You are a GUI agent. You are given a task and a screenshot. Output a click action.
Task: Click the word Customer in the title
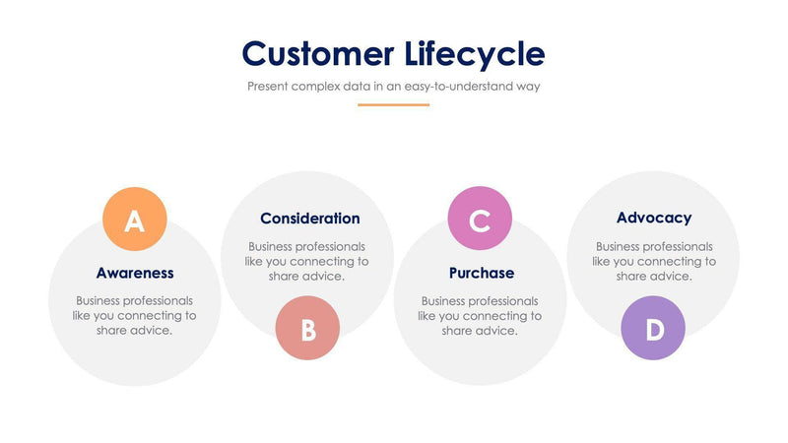coord(318,53)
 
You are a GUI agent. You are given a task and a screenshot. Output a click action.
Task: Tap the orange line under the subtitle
coord(393,104)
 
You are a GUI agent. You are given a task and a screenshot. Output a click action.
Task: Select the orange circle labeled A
coord(135,220)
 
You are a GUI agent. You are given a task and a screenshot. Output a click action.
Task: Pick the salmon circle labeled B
coord(307,328)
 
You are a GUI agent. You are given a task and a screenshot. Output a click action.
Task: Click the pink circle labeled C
coord(480,219)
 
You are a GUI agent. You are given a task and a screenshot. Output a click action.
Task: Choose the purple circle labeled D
coord(653,328)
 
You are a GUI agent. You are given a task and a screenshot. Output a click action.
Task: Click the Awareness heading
coord(135,273)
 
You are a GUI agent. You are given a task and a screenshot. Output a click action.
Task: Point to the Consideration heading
coord(309,219)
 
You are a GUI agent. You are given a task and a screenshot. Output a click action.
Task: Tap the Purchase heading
coord(481,273)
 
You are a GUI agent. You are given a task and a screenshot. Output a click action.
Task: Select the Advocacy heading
coord(654,218)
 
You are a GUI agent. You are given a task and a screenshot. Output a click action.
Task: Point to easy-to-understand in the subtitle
coord(462,86)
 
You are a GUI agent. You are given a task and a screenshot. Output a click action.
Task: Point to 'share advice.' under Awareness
coord(135,331)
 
